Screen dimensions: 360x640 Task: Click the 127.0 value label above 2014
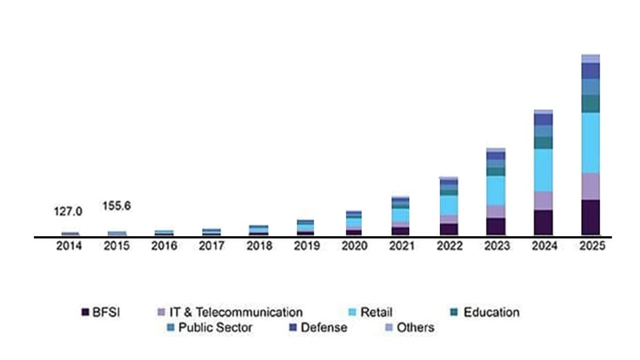click(x=68, y=212)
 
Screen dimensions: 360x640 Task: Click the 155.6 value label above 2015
click(x=116, y=204)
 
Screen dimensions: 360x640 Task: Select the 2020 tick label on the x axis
click(x=353, y=247)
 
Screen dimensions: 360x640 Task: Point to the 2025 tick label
click(x=590, y=247)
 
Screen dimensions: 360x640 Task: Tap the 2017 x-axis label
click(x=210, y=247)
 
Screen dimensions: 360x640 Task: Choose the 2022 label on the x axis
click(x=448, y=247)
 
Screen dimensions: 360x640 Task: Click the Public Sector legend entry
click(x=214, y=328)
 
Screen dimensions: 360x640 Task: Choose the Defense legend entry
click(x=323, y=328)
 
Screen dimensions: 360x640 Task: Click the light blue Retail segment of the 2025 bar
click(x=590, y=142)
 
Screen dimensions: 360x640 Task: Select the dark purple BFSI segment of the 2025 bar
click(x=590, y=218)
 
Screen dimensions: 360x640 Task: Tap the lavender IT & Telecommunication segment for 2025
click(x=590, y=186)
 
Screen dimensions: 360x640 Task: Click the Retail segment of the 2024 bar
click(x=543, y=169)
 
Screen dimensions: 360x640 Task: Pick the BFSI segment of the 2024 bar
click(x=543, y=223)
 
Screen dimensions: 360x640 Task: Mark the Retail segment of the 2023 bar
click(x=496, y=191)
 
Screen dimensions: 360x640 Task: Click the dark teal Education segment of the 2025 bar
click(x=590, y=103)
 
